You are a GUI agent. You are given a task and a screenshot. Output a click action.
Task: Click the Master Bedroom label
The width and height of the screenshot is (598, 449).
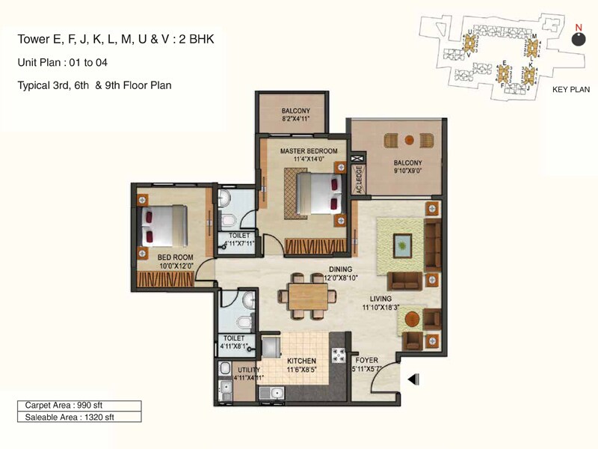pyautogui.click(x=309, y=150)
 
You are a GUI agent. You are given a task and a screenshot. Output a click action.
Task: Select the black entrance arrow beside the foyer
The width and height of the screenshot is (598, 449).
pyautogui.click(x=411, y=380)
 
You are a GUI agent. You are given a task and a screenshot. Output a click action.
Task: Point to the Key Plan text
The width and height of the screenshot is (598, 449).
pyautogui.click(x=570, y=90)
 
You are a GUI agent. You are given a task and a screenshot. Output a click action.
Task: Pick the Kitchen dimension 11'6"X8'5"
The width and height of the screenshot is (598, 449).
pyautogui.click(x=305, y=369)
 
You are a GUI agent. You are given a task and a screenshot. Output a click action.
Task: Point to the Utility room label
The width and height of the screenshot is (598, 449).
pyautogui.click(x=248, y=370)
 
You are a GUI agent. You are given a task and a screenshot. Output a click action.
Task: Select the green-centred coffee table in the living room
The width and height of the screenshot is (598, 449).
pyautogui.click(x=403, y=243)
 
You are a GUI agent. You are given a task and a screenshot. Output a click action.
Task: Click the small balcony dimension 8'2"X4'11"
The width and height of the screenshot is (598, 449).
pyautogui.click(x=295, y=118)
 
